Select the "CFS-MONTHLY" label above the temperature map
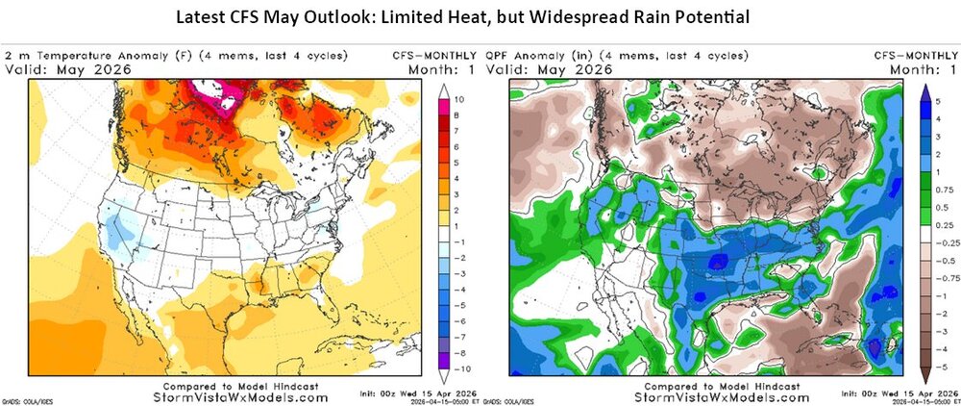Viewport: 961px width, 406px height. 423,55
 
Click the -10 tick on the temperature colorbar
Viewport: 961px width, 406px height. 462,368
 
